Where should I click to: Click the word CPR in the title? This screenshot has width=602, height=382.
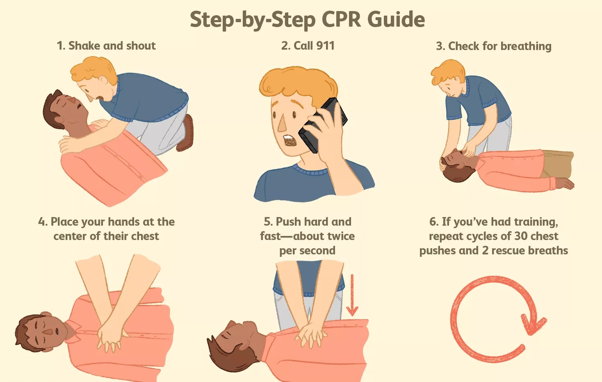click(341, 19)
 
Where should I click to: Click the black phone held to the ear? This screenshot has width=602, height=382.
click(323, 125)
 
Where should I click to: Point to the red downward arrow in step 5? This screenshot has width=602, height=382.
click(352, 295)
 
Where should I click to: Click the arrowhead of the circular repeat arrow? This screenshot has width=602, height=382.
click(534, 325)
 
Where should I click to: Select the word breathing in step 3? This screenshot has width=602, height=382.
click(526, 46)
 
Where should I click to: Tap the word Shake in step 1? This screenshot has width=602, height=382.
click(84, 46)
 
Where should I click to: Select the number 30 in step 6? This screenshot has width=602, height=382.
click(521, 236)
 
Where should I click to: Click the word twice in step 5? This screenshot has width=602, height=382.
click(341, 236)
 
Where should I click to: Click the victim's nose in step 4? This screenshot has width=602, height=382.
click(48, 332)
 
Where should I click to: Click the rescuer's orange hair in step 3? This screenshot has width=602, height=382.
click(447, 71)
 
